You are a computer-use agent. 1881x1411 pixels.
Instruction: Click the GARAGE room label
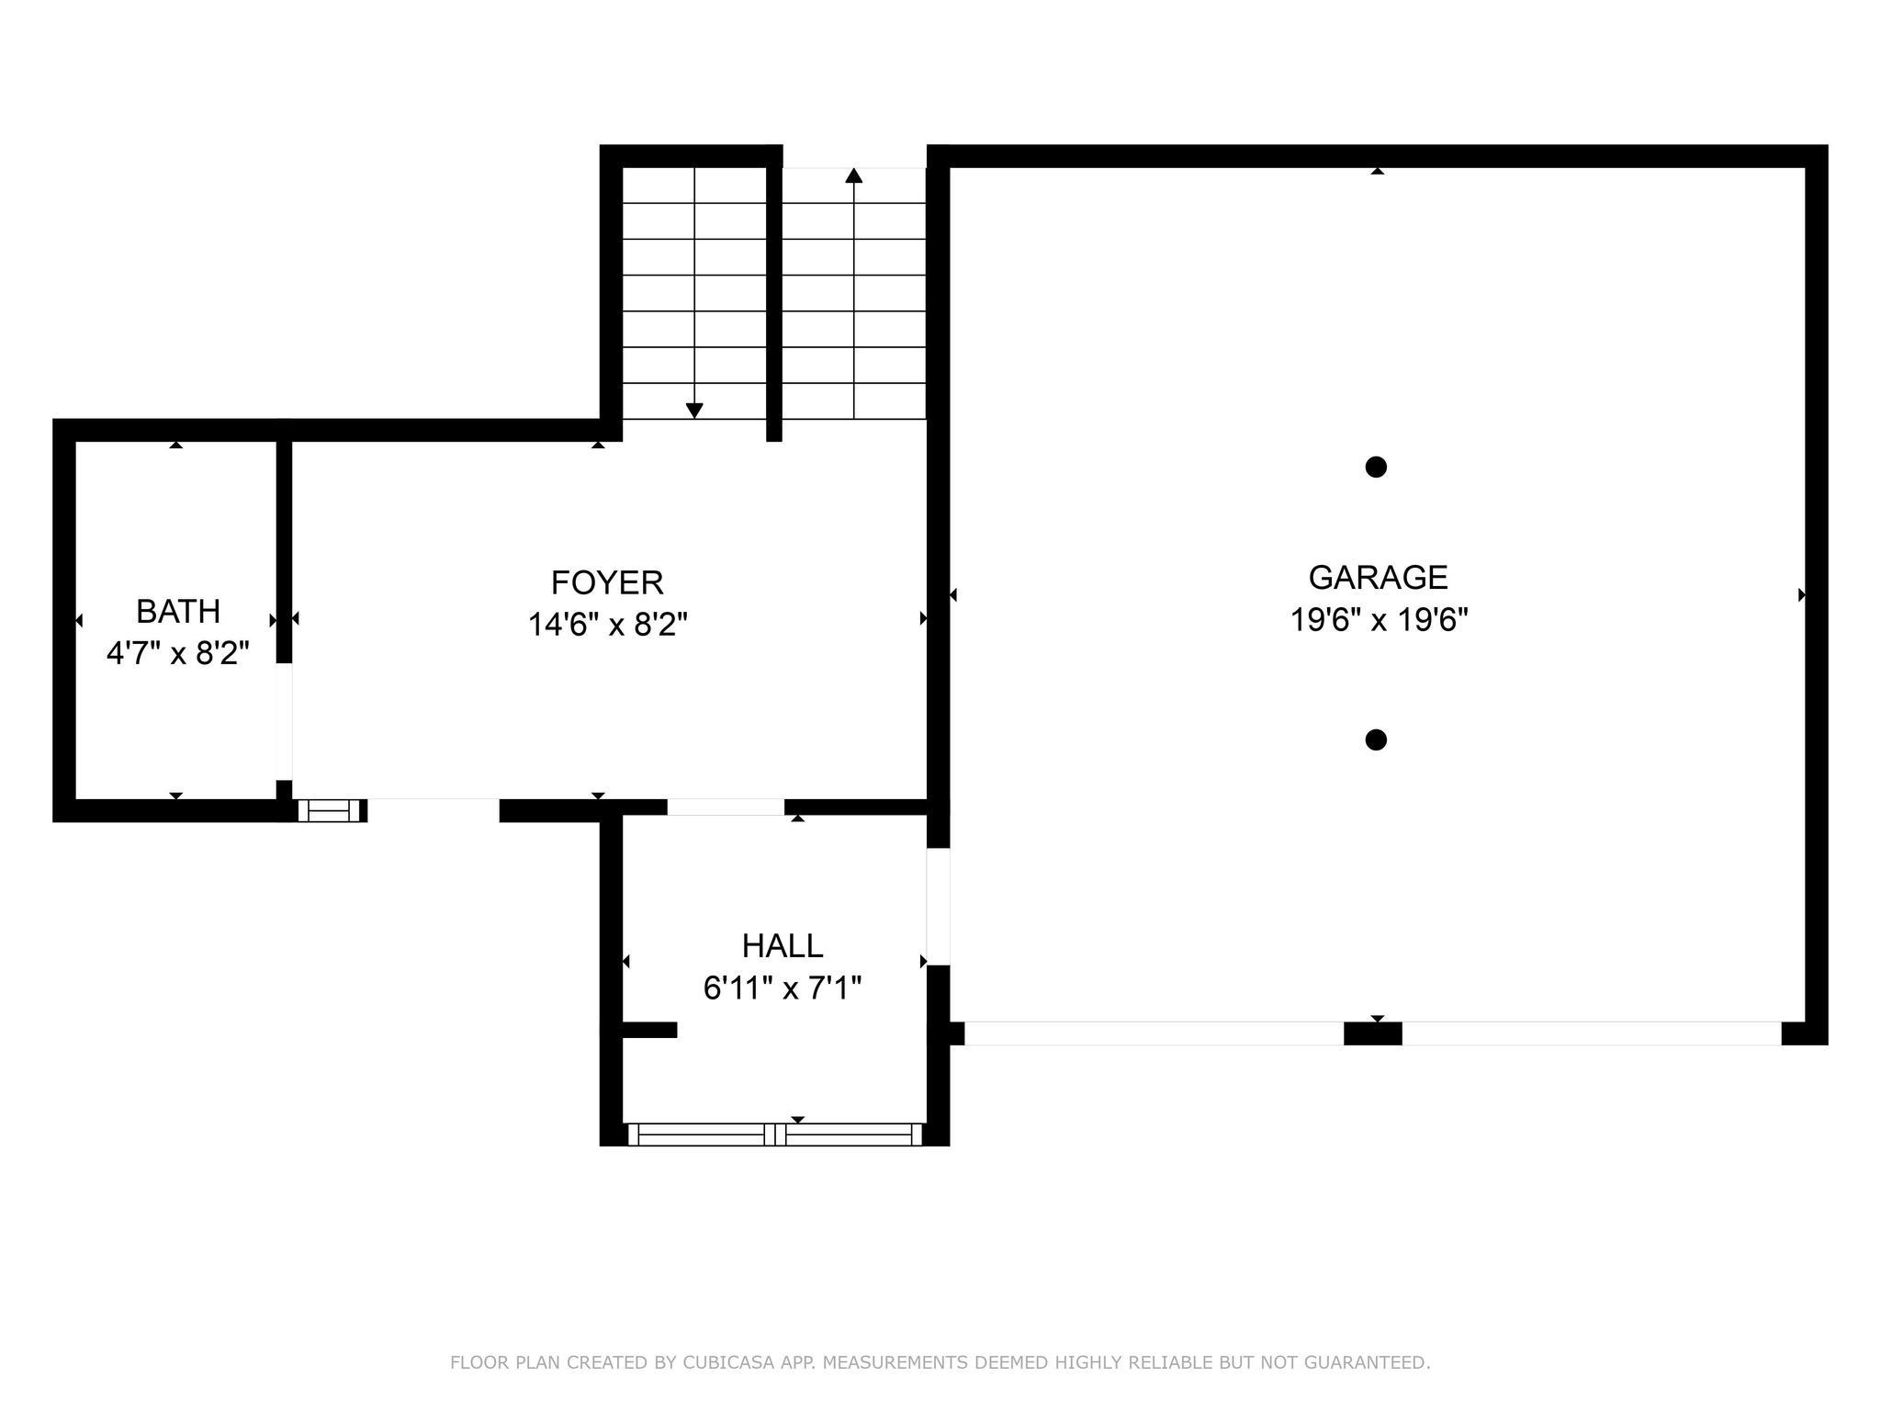pyautogui.click(x=1378, y=577)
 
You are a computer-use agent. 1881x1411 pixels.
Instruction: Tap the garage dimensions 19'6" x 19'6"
pyautogui.click(x=1379, y=620)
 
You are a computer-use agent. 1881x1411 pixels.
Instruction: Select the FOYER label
pyautogui.click(x=607, y=582)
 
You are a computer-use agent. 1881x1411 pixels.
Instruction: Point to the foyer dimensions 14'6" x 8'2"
pyautogui.click(x=607, y=626)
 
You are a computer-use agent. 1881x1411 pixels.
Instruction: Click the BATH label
pyautogui.click(x=178, y=611)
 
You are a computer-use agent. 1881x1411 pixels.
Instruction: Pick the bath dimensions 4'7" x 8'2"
pyautogui.click(x=178, y=654)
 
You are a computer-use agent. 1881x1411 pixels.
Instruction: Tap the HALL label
pyautogui.click(x=783, y=945)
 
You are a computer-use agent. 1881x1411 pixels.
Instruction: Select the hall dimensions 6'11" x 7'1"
pyautogui.click(x=783, y=988)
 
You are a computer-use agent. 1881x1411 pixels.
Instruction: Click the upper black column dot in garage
pyautogui.click(x=1375, y=467)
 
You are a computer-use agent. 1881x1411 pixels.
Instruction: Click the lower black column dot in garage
pyautogui.click(x=1375, y=739)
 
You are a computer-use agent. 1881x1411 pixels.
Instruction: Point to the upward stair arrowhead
pyautogui.click(x=854, y=175)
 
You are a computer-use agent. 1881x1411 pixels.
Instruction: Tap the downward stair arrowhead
pyautogui.click(x=694, y=411)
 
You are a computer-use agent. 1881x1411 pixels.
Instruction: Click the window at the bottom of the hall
pyautogui.click(x=775, y=1134)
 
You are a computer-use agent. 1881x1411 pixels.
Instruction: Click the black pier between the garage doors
pyautogui.click(x=1372, y=1033)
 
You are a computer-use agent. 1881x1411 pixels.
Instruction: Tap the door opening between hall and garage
pyautogui.click(x=937, y=907)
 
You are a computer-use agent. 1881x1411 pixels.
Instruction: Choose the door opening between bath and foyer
pyautogui.click(x=284, y=721)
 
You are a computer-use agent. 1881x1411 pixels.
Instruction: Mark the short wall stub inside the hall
pyautogui.click(x=649, y=1030)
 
